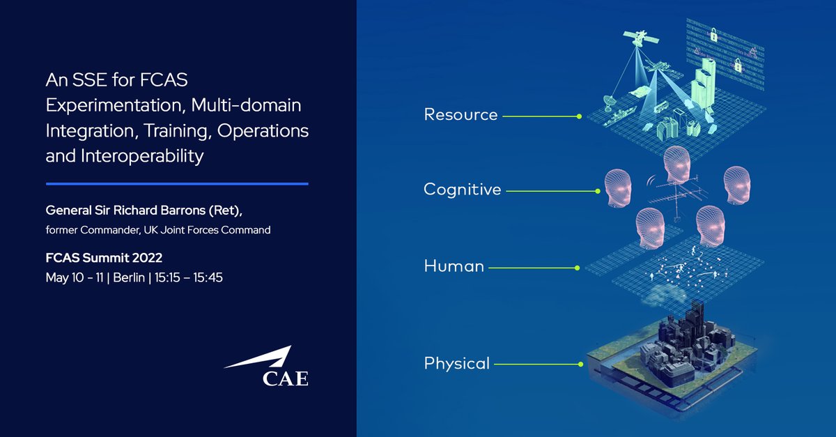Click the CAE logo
266,369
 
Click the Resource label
460,115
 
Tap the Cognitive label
462,190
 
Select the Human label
454,266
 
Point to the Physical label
456,363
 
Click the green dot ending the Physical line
580,363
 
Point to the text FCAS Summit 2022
104,258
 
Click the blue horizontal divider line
177,184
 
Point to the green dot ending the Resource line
579,116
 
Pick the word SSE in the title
86,81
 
